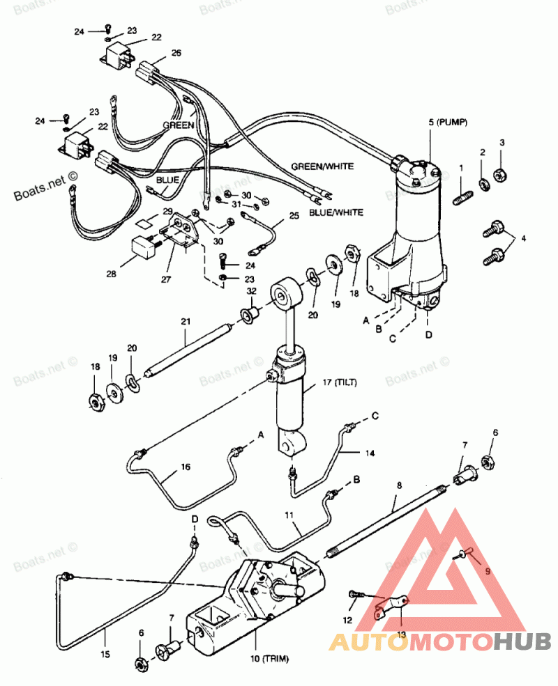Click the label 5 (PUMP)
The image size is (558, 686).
point(448,122)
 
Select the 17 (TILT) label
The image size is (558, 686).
point(340,382)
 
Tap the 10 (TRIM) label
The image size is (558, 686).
point(269,658)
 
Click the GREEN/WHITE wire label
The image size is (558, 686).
point(322,166)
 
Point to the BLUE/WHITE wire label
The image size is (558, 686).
point(336,212)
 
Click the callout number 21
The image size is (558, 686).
point(186,322)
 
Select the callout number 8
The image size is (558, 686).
point(399,485)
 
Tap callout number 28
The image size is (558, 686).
point(111,274)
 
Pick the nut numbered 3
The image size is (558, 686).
point(500,175)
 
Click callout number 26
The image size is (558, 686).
point(176,53)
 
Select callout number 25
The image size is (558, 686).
point(294,216)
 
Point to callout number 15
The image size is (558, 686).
point(105,655)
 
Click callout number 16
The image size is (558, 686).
point(186,467)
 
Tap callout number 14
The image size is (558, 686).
point(370,453)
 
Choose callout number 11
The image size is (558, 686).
point(289,515)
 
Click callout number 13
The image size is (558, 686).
point(401,634)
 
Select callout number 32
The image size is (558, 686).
point(251,291)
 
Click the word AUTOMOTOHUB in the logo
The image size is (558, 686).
point(439,642)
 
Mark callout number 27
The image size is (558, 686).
point(165,279)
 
